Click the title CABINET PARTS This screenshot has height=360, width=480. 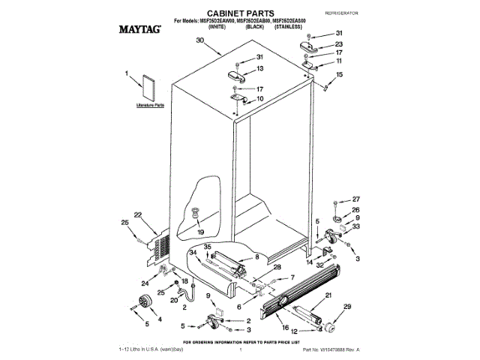[x=238, y=13]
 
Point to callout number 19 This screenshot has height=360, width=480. [x=200, y=232]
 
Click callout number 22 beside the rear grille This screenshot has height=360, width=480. [x=138, y=215]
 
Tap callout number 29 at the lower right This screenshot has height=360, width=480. [x=346, y=307]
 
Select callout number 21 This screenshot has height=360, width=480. [x=328, y=296]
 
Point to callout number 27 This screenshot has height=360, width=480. [x=357, y=200]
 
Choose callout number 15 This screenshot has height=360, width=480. [x=338, y=75]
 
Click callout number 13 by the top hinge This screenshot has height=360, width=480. [x=259, y=68]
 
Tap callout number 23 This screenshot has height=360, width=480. [x=339, y=43]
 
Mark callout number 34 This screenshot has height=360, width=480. [x=192, y=253]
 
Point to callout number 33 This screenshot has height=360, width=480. [x=356, y=226]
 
